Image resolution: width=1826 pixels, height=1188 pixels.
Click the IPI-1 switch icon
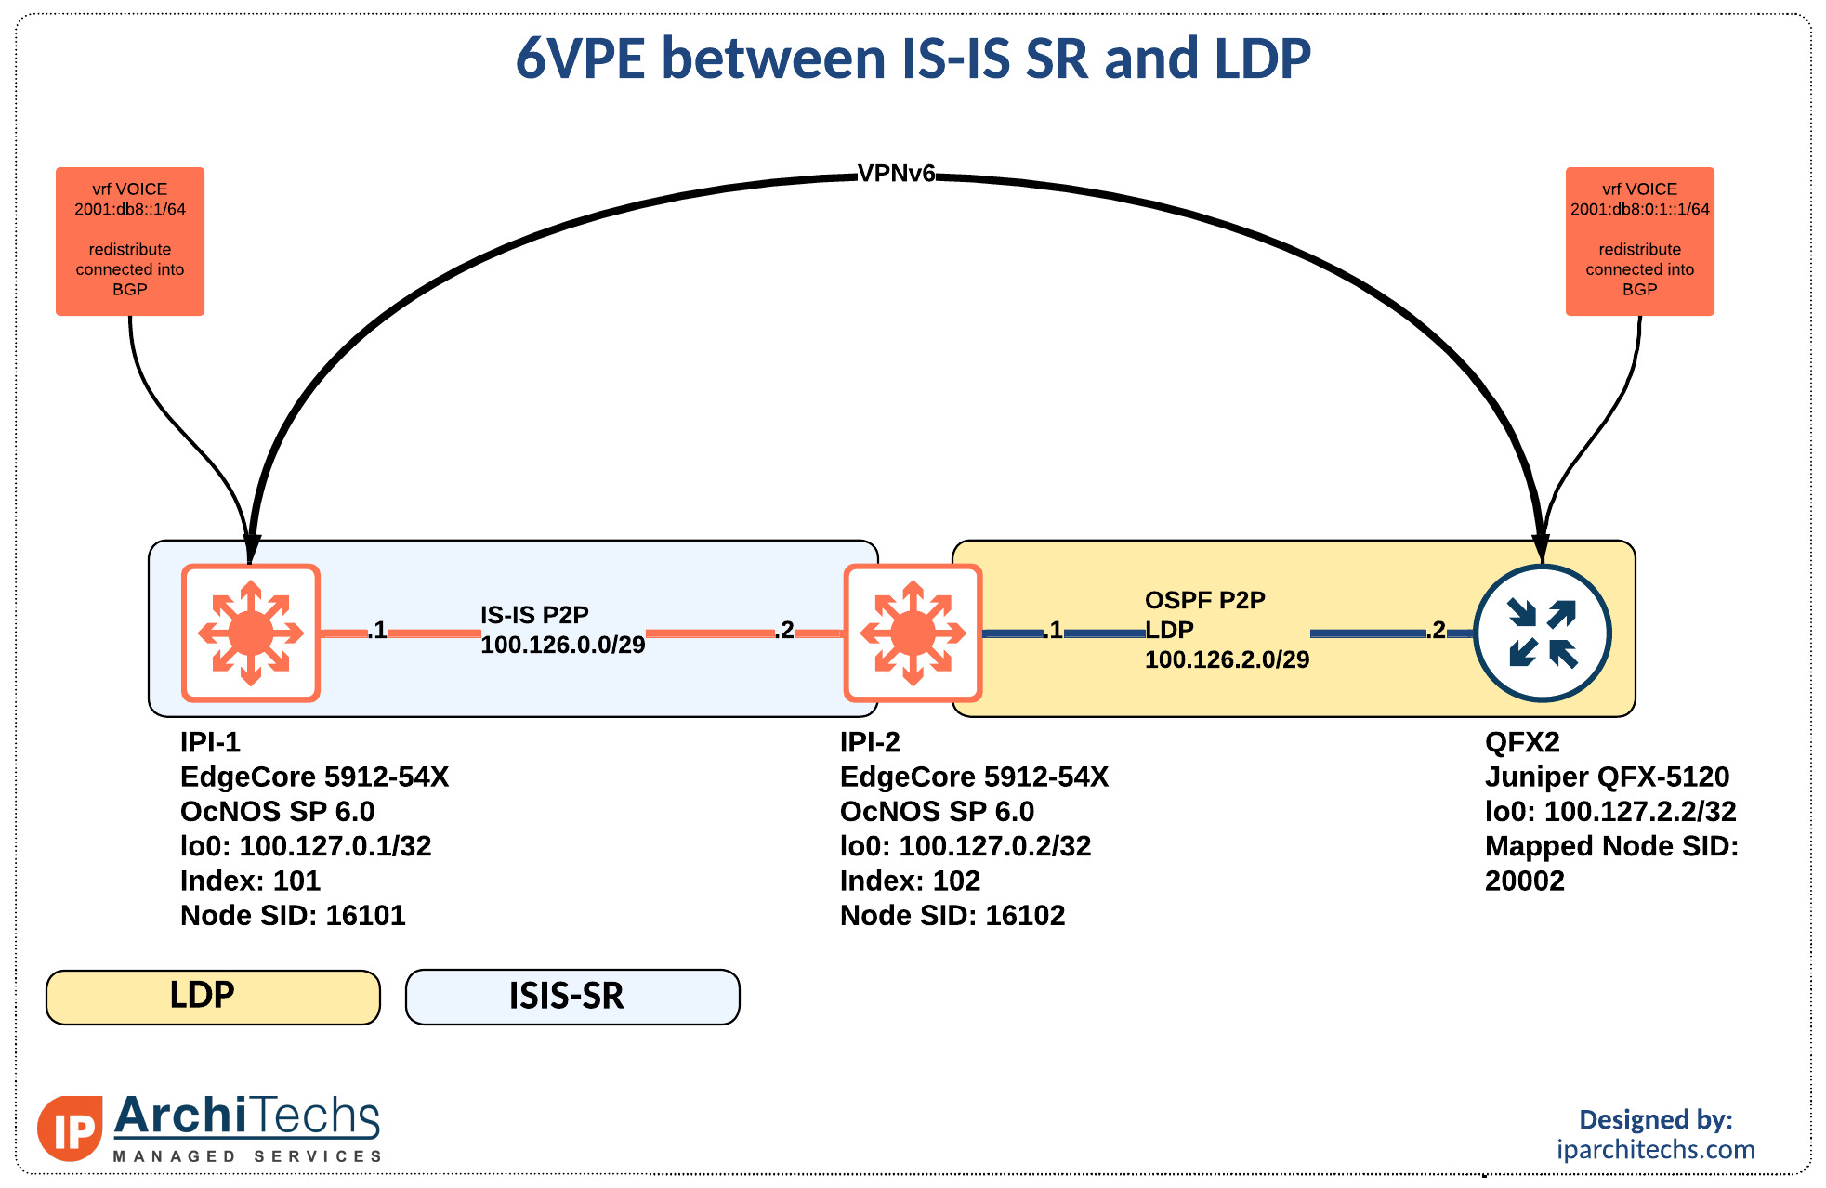251,633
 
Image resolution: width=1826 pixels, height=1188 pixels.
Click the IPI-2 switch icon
913,633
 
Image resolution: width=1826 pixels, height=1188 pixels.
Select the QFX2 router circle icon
1543,633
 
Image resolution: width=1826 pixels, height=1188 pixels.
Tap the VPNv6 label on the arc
896,174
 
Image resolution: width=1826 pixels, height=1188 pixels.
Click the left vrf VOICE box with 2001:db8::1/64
130,241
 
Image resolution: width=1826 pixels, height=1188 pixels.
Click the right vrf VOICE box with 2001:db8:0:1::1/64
1639,241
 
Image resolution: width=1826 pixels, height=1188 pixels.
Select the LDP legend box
213,997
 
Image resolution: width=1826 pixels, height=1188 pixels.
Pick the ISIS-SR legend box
572,997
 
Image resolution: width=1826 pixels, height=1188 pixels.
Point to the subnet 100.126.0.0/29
562,646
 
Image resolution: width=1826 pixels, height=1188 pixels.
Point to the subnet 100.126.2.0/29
1227,660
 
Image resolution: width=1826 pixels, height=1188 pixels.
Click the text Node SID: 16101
293,916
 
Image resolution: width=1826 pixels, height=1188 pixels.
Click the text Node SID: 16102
952,916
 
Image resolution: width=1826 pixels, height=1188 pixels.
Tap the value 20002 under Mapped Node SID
1524,881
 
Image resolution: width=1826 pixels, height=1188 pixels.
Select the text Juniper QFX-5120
1607,777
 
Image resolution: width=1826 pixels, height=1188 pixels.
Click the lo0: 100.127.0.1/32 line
306,846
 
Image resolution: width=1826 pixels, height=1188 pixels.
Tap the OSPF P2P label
1204,600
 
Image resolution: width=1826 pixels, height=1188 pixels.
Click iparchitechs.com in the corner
1656,1150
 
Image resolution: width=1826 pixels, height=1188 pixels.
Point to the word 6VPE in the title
580,59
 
